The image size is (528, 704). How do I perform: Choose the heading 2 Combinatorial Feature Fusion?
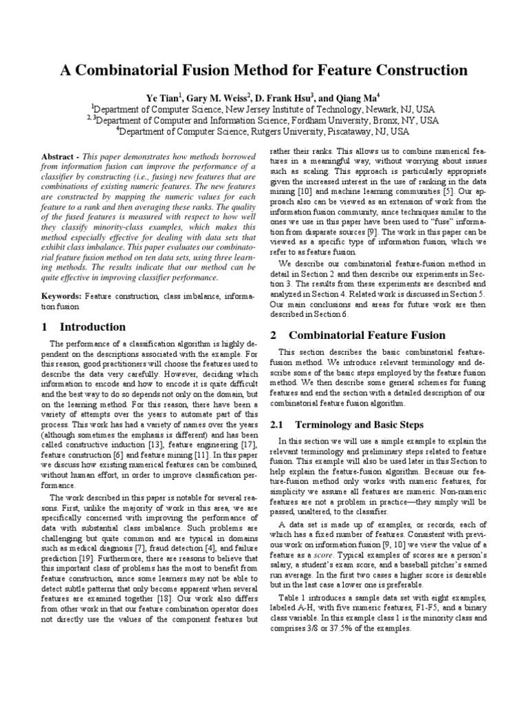coord(357,335)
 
